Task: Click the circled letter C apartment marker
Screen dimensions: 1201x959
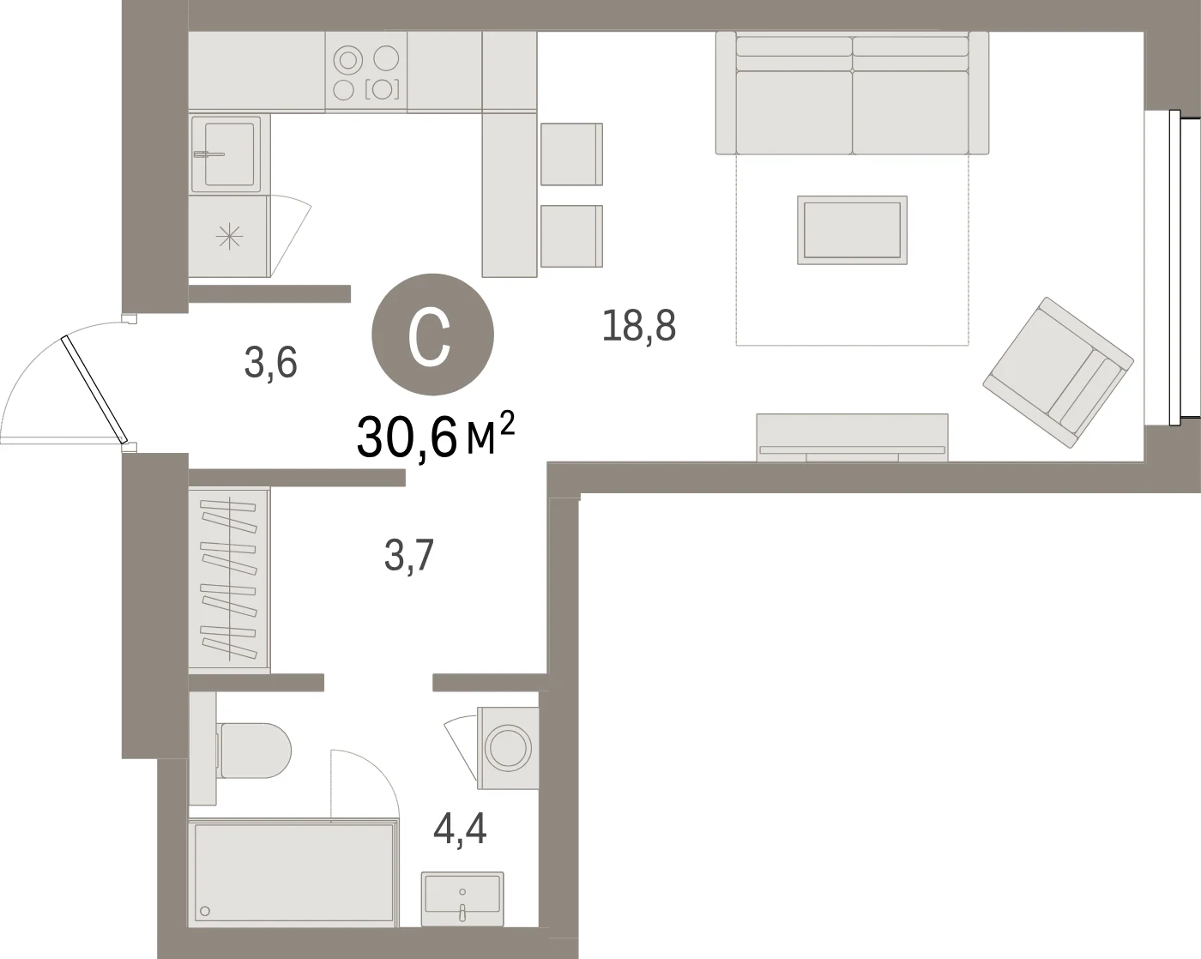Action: (x=432, y=335)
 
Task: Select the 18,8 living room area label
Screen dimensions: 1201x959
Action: (x=639, y=326)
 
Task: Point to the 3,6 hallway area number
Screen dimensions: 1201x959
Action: (x=271, y=363)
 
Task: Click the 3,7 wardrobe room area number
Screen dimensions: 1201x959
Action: (x=409, y=556)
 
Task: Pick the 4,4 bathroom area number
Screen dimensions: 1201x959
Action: (x=460, y=829)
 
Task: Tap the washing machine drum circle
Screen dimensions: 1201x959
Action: (x=507, y=745)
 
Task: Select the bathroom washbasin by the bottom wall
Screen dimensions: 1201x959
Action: (x=462, y=899)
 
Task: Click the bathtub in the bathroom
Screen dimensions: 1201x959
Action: (x=293, y=872)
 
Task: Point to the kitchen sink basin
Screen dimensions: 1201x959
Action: (x=229, y=154)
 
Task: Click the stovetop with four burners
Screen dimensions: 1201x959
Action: (x=366, y=72)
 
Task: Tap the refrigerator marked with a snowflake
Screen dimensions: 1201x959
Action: (x=229, y=236)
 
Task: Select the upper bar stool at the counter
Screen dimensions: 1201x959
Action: (x=571, y=154)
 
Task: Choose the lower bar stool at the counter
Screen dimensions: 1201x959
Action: (x=571, y=236)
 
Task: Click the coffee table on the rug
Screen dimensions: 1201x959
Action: (x=852, y=230)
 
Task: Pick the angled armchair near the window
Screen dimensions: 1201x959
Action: (x=1058, y=372)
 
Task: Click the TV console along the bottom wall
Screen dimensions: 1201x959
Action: (x=852, y=437)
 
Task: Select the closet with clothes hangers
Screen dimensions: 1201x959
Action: (x=229, y=579)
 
